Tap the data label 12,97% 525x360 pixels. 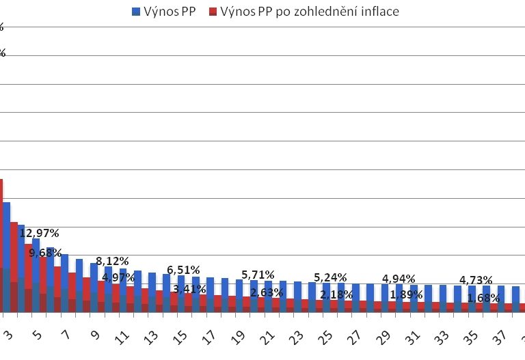[39, 233]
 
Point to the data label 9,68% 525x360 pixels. [46, 252]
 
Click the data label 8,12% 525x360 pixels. [112, 261]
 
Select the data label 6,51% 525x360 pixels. [185, 270]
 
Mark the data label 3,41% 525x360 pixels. [190, 289]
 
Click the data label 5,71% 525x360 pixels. [258, 275]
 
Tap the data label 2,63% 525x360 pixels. [267, 292]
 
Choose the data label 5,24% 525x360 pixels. [331, 277]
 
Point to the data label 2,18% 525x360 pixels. [337, 294]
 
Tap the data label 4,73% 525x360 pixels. [476, 280]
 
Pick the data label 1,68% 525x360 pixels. [483, 297]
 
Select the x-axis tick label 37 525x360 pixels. [500, 337]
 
